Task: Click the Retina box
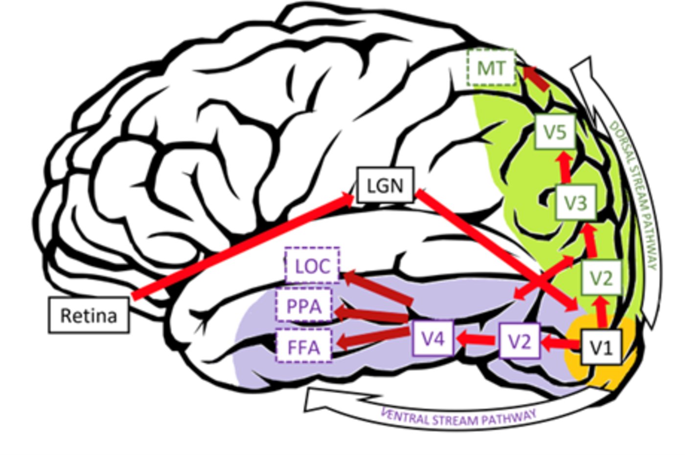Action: (x=89, y=315)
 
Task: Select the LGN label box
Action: (x=385, y=185)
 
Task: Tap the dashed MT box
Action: (x=491, y=68)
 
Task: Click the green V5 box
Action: (x=555, y=131)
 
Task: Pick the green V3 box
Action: (x=575, y=202)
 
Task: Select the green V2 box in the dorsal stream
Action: (x=601, y=278)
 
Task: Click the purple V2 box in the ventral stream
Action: (x=520, y=341)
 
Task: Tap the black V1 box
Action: (x=601, y=347)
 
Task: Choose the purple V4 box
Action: (x=433, y=337)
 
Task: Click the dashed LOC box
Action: (x=312, y=266)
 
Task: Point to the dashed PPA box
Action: (x=304, y=306)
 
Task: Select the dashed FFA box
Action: (x=304, y=347)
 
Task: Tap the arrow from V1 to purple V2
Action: (x=561, y=343)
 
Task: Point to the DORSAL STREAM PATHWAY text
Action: (x=634, y=195)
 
